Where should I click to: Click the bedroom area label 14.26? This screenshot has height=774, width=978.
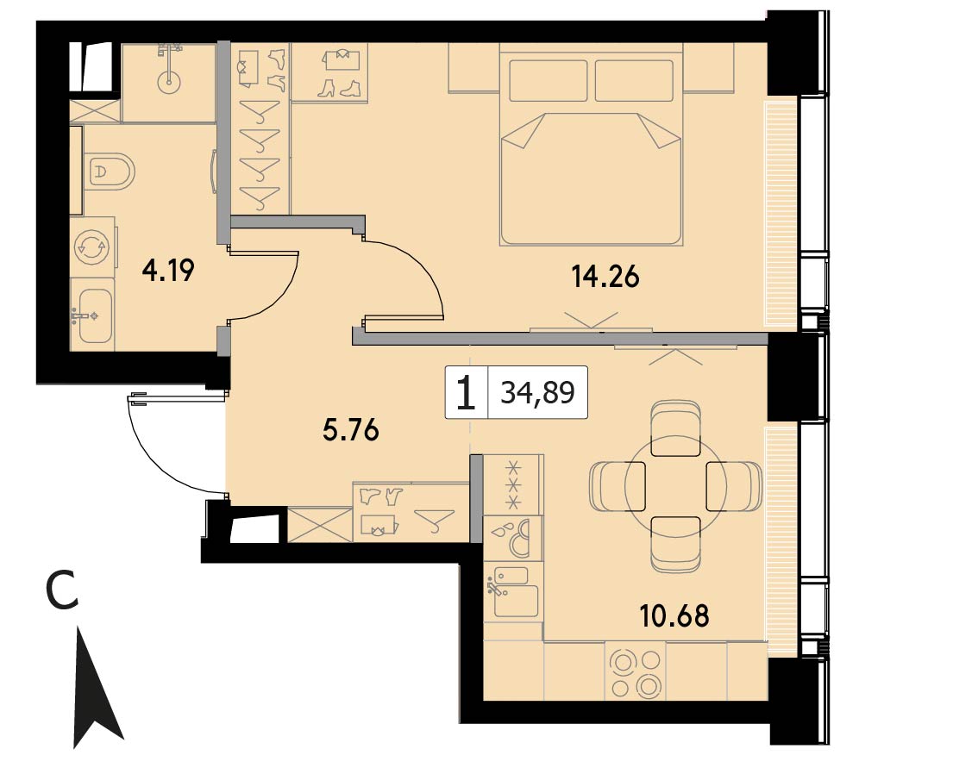click(x=605, y=277)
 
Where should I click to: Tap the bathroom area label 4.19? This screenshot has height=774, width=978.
click(x=168, y=272)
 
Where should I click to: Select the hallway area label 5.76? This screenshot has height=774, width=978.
click(x=350, y=431)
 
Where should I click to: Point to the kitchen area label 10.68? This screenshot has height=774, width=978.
click(x=674, y=615)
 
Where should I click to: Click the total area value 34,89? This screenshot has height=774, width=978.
click(x=537, y=393)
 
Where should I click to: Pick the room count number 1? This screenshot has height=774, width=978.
click(x=466, y=393)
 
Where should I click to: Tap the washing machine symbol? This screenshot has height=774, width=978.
click(x=92, y=247)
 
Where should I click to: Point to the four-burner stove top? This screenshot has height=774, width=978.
click(x=635, y=673)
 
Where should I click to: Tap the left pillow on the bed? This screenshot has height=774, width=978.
click(x=549, y=80)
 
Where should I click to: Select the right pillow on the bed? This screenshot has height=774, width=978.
click(x=634, y=80)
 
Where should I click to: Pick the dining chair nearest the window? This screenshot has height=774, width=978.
click(x=734, y=486)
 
